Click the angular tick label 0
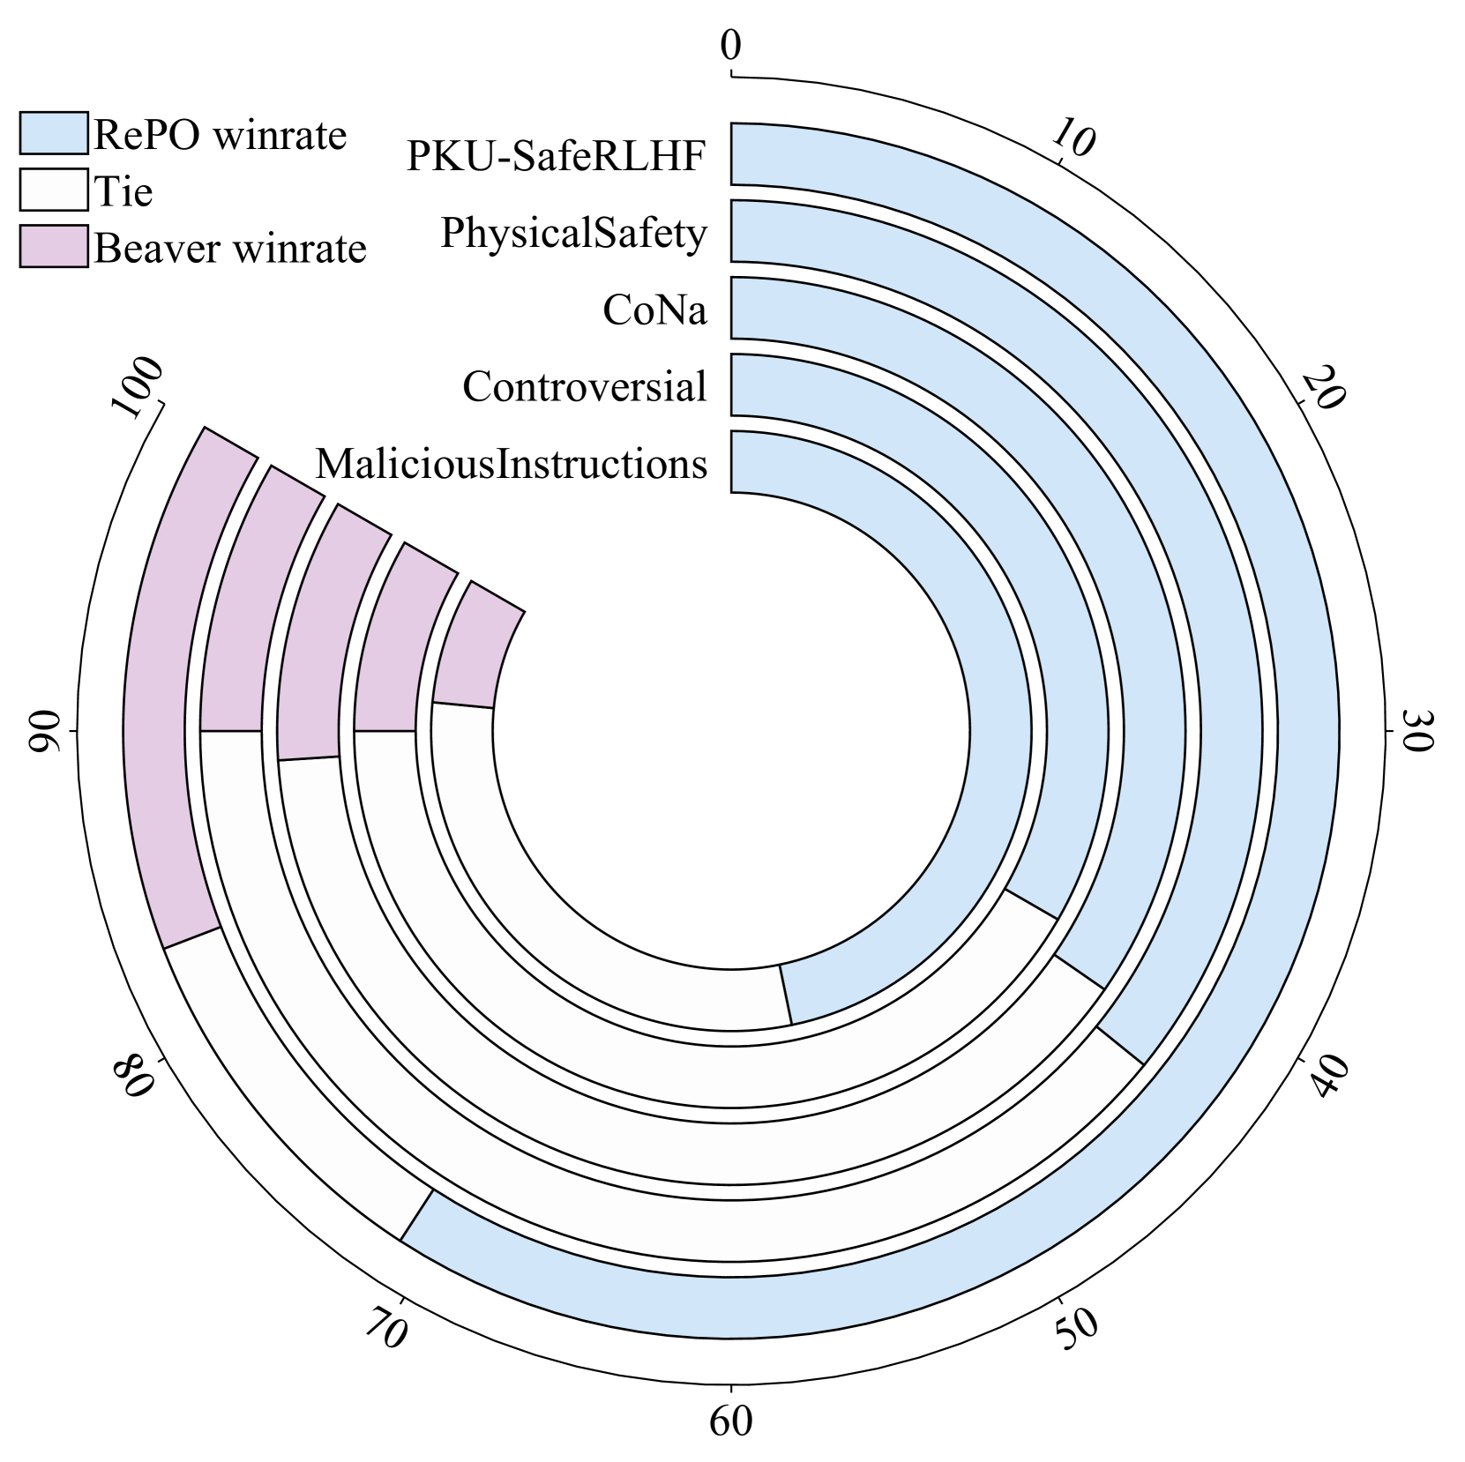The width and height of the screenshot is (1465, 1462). (730, 46)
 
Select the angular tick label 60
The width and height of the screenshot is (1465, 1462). (730, 1421)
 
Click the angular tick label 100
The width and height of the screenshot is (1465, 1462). (138, 388)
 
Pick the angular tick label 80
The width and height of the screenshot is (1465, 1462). (133, 1077)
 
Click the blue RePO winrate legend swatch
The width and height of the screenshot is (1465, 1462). (54, 133)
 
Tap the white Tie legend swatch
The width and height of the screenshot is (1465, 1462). (54, 190)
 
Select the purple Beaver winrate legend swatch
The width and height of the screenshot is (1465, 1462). (54, 246)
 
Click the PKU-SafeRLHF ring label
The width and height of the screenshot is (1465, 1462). (557, 156)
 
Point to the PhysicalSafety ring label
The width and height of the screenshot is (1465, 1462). (573, 234)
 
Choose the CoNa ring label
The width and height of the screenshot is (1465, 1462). (654, 310)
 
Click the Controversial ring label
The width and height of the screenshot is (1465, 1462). (584, 387)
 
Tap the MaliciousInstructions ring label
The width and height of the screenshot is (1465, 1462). (512, 464)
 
